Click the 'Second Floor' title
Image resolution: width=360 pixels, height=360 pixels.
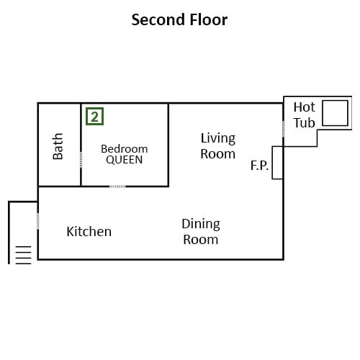click(179, 19)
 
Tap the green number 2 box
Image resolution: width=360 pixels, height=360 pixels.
click(94, 117)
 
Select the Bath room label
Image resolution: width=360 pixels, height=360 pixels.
click(58, 146)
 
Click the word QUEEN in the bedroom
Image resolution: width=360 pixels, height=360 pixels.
click(125, 160)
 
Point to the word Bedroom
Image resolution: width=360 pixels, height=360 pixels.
click(125, 149)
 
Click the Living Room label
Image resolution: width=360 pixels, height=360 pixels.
click(218, 146)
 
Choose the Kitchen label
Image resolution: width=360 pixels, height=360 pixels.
click(89, 232)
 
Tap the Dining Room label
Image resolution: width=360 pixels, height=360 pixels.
click(201, 232)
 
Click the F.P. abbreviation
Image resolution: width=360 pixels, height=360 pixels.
click(259, 166)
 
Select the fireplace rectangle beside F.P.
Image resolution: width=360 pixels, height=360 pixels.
click(277, 163)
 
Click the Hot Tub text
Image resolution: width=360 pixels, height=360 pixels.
click(305, 115)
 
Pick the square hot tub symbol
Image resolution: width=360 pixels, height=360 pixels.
click(335, 113)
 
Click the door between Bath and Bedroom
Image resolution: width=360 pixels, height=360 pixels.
click(81, 160)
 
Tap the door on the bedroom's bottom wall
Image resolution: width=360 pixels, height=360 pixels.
click(117, 186)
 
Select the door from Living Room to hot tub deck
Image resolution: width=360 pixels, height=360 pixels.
click(283, 129)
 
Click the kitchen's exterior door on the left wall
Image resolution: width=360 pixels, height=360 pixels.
click(38, 221)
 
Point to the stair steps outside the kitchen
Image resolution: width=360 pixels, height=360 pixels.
click(23, 255)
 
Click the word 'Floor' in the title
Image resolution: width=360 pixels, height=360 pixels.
click(209, 19)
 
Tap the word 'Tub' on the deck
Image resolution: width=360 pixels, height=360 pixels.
click(305, 123)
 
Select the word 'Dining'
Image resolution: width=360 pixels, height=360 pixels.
click(201, 225)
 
